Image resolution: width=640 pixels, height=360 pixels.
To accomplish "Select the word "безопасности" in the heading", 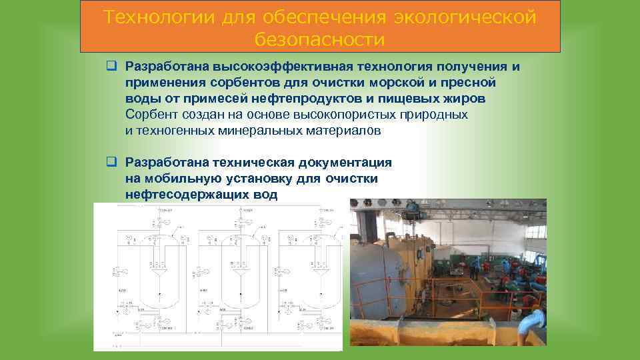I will pos(320,39).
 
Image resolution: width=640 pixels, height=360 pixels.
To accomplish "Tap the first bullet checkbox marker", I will pos(112,66).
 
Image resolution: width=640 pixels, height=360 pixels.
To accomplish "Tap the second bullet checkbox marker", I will pos(112,162).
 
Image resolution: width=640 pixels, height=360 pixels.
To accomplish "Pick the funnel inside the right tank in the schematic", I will pos(316,273).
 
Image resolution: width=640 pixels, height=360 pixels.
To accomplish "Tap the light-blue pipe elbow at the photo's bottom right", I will pos(534,326).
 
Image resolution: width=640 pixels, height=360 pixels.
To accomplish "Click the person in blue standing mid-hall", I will pos(475,271).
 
